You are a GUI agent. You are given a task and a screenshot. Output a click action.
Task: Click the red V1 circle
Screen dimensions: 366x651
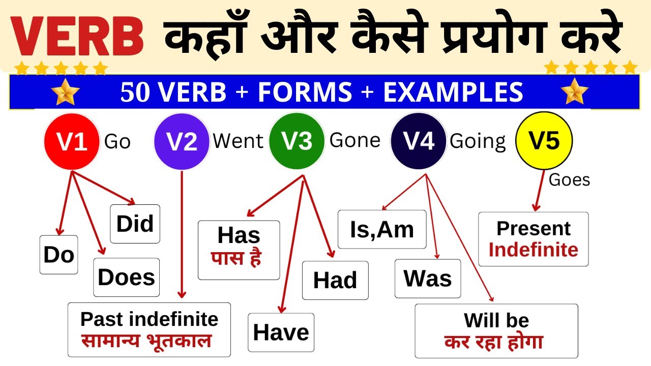pos(71,141)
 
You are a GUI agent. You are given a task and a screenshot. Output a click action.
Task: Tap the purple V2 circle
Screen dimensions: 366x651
pos(182,141)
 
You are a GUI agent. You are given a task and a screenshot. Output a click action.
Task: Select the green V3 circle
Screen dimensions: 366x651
pos(297,141)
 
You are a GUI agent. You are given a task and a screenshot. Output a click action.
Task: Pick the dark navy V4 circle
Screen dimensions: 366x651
pos(419,141)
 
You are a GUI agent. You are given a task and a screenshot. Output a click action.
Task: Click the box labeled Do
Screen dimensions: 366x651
pos(58,255)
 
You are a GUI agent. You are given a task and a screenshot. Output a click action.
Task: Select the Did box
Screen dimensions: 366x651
pos(135,224)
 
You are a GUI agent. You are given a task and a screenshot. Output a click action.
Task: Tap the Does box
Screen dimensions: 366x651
pos(126,277)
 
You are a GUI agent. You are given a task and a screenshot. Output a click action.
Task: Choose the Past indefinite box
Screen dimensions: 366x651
pos(149,329)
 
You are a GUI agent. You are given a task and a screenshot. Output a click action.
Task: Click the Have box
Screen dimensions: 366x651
pos(281,332)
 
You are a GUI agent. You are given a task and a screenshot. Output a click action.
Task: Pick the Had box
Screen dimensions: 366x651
pos(335,280)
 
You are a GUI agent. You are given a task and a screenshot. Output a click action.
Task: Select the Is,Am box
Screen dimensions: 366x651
pos(382,229)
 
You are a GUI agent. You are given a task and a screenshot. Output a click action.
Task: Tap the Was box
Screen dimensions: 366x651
pos(428,279)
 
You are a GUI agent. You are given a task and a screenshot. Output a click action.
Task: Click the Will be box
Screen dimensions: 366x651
pos(496,331)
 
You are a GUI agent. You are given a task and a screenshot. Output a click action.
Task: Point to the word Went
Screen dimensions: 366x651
pos(238,141)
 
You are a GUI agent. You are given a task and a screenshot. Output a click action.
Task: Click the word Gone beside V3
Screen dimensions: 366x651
pos(355,140)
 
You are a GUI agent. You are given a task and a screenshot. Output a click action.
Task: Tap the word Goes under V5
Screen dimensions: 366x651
pos(569,180)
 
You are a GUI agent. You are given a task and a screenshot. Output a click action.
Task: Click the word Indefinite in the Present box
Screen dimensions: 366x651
pos(533,250)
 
